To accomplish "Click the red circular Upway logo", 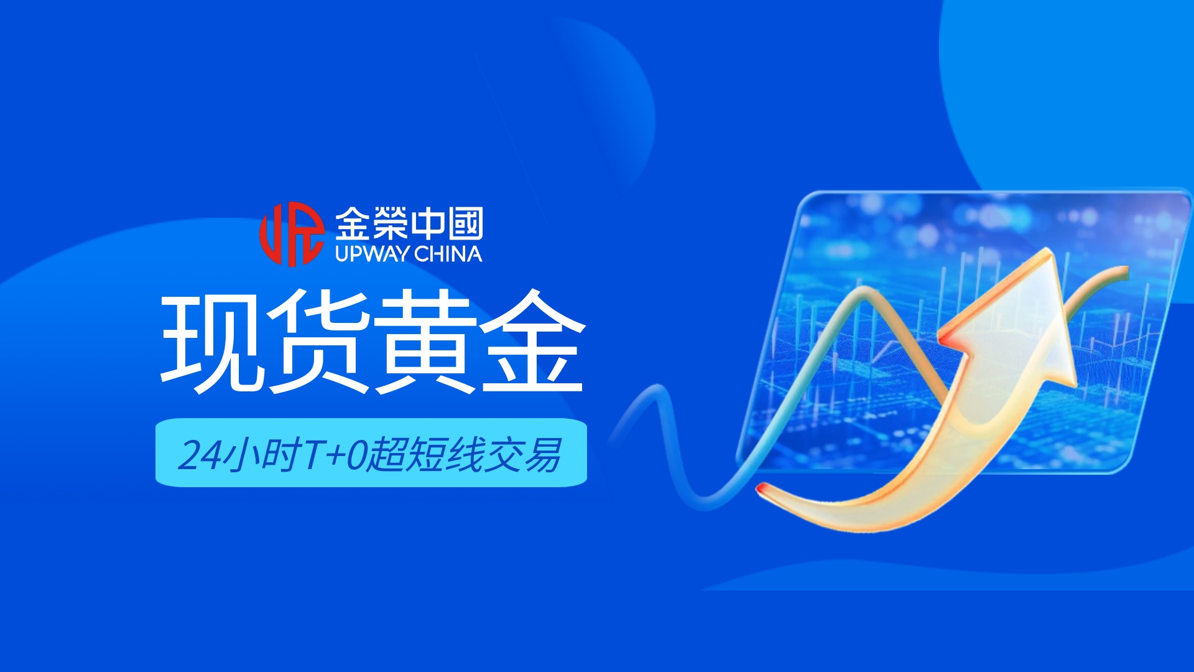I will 292,234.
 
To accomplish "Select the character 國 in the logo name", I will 465,223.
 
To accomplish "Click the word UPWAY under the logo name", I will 372,254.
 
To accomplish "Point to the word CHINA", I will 448,254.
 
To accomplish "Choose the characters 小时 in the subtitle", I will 262,455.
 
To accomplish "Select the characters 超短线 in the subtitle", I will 425,455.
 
